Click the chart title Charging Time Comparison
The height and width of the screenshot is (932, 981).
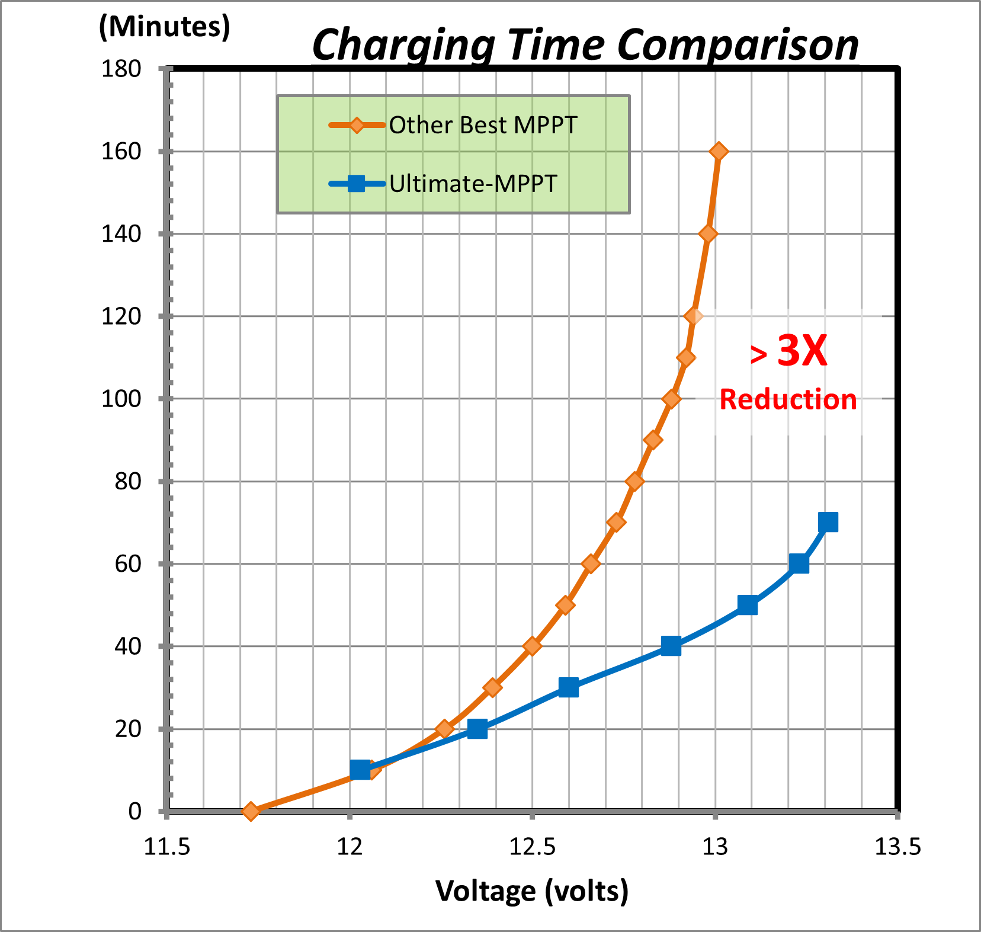[585, 45]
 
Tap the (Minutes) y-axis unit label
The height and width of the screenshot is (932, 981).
[165, 27]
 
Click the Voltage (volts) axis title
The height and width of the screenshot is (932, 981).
[531, 891]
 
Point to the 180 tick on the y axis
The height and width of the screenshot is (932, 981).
[121, 69]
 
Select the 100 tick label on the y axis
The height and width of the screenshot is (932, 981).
[121, 399]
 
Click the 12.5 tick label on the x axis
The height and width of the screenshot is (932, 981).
[532, 847]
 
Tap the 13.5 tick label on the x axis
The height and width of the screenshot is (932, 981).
[897, 847]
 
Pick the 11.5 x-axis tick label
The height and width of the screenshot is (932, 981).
[167, 847]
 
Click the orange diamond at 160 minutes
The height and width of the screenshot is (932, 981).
[719, 152]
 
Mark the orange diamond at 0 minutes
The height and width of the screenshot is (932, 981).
[251, 811]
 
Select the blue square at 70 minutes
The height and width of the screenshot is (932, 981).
[828, 523]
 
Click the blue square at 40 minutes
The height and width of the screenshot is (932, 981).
[671, 646]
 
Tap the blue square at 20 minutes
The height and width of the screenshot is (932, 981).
[477, 729]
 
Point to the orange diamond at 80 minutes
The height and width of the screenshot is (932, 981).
[634, 481]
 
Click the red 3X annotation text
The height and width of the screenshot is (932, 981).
[802, 351]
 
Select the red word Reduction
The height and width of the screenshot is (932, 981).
[788, 400]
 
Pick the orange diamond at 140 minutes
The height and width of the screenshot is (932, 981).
[707, 234]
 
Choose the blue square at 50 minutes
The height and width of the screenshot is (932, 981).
[748, 605]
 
